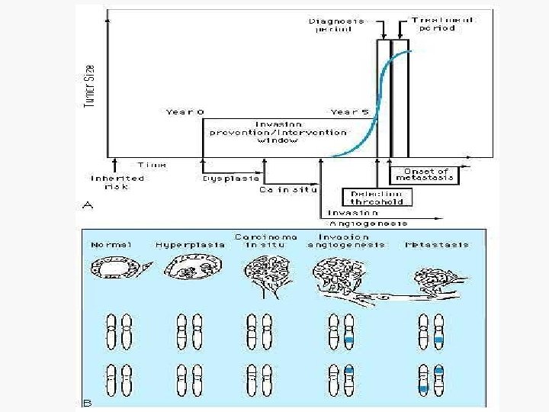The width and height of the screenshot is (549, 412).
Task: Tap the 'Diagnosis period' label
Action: [x=336, y=25]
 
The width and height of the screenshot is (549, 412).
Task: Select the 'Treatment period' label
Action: [x=442, y=24]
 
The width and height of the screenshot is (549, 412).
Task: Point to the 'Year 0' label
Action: [x=185, y=112]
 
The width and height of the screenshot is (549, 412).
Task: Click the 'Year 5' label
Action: [x=349, y=112]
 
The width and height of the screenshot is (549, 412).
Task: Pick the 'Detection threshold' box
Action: [x=377, y=197]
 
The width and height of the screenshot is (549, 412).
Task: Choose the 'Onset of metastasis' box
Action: [x=425, y=173]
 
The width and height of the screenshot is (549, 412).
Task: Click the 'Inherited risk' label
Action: [x=117, y=182]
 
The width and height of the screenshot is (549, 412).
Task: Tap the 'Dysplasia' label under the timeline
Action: [x=222, y=179]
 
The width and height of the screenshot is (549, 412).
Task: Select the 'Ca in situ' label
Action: [x=288, y=188]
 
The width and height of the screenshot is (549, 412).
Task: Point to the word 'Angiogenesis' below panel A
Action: [x=368, y=224]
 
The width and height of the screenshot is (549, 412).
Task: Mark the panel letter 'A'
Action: [x=86, y=205]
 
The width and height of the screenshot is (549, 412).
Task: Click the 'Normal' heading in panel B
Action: [x=111, y=245]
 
